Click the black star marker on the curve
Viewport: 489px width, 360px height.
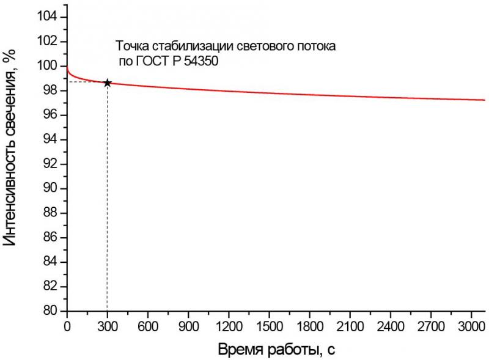(x=108, y=83)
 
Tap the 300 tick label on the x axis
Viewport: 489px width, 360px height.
(x=107, y=326)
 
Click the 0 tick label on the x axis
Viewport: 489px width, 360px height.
(x=67, y=326)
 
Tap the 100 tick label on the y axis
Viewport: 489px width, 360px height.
(x=48, y=66)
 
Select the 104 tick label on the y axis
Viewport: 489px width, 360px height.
(x=48, y=17)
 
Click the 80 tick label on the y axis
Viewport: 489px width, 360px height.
(x=51, y=311)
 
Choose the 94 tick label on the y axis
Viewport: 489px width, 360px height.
(x=51, y=139)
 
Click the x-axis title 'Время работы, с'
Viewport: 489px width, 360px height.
(x=276, y=350)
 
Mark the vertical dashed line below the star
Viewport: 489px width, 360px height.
(x=107, y=202)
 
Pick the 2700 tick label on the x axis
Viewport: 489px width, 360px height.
(x=428, y=326)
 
